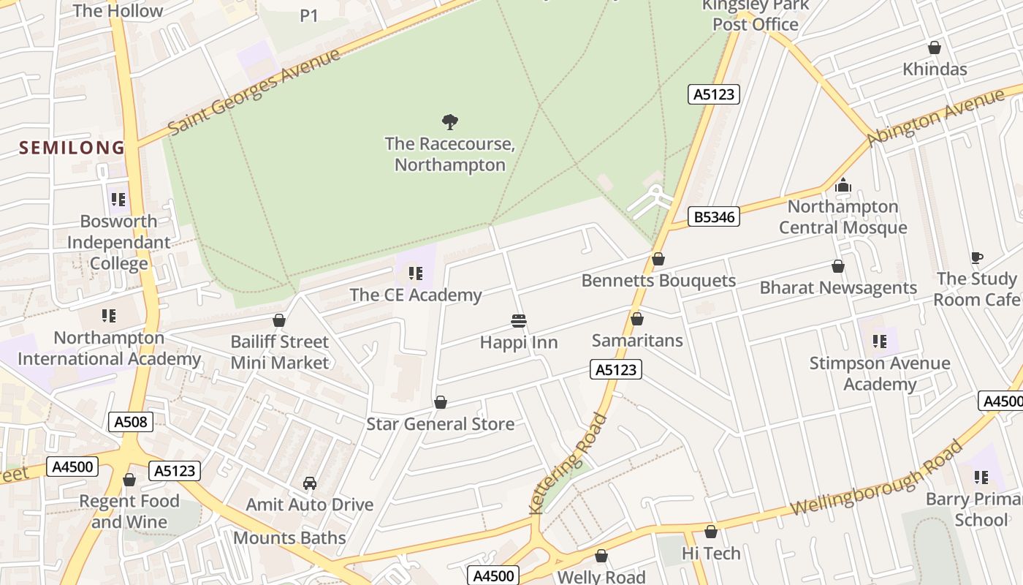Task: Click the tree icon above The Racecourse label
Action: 450,121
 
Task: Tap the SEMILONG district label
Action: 72,148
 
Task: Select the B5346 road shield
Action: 714,216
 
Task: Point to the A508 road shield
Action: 131,421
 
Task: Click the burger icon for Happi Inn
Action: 519,320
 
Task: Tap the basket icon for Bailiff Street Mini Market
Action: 278,320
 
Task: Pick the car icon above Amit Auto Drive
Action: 309,483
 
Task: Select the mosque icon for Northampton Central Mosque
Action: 843,185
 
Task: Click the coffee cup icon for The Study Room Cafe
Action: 976,257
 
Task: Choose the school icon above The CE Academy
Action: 415,273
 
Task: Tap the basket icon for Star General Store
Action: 441,402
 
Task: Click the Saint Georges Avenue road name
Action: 254,92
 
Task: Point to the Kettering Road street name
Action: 568,464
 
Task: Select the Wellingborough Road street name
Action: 877,479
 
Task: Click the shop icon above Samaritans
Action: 637,319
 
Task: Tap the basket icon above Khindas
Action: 934,48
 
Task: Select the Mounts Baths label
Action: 289,538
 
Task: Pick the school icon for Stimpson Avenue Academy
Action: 880,341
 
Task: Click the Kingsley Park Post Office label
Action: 756,15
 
